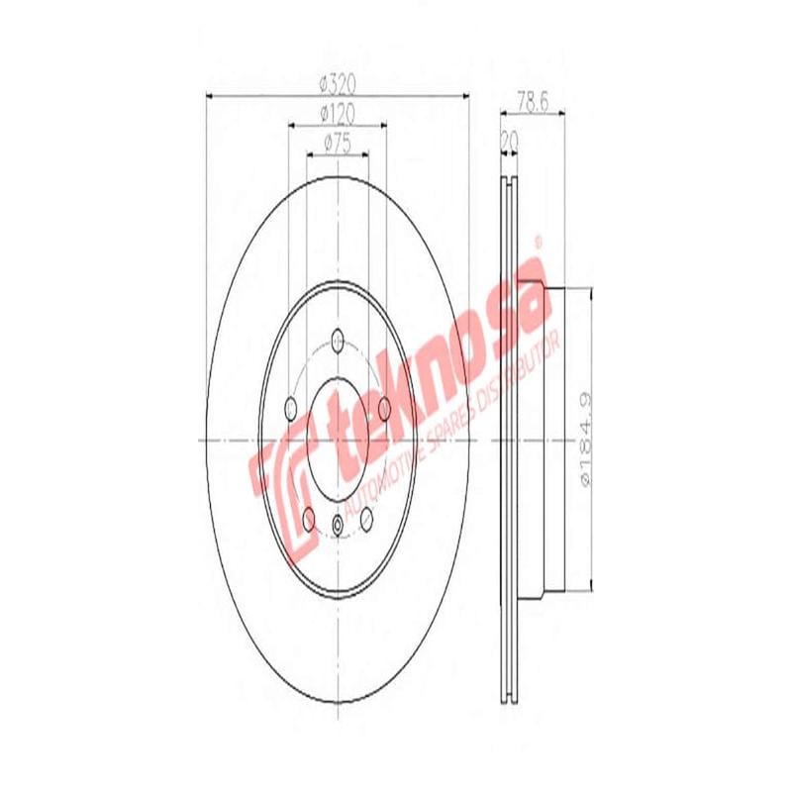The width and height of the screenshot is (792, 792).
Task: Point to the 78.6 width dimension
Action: [535, 100]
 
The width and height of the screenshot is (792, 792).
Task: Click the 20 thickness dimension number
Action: [510, 141]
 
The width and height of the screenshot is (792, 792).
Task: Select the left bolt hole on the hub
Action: [290, 406]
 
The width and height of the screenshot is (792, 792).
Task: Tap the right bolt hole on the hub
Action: [385, 406]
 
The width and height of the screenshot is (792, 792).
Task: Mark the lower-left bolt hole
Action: [308, 514]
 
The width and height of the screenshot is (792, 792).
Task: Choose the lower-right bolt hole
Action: [367, 514]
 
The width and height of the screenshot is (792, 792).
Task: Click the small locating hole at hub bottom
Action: [338, 524]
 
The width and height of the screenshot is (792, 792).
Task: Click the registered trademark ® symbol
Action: [539, 241]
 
